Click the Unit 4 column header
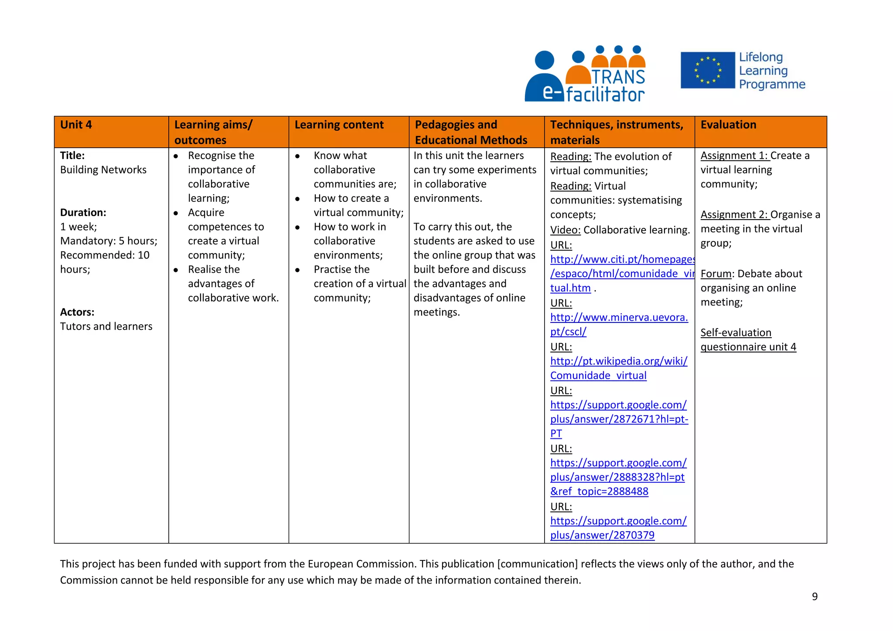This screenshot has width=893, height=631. [x=76, y=125]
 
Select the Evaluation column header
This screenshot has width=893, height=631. [x=728, y=125]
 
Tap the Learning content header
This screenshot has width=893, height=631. [x=339, y=125]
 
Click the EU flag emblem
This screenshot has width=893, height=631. [x=707, y=70]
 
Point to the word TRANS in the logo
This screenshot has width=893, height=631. [x=618, y=77]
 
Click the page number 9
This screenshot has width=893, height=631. [x=815, y=597]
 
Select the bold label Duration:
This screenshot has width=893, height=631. [x=83, y=213]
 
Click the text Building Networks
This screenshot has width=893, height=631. [x=103, y=170]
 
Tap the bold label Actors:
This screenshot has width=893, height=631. [x=77, y=312]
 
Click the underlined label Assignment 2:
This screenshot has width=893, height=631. [x=734, y=215]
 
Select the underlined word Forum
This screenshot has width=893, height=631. [x=716, y=274]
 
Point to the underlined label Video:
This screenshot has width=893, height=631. [x=565, y=230]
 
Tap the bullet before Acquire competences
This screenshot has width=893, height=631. [x=176, y=213]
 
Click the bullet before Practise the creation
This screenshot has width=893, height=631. [x=297, y=270]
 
